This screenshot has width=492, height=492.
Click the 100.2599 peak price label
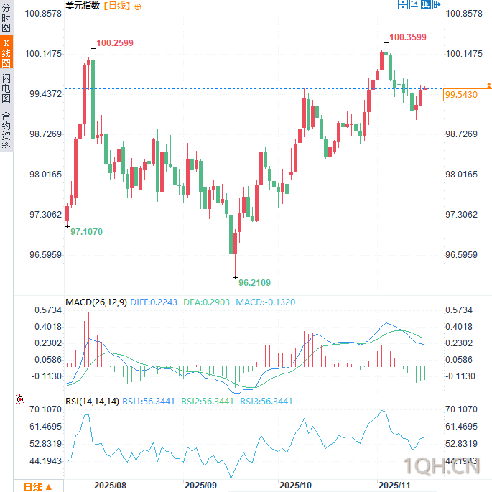pyautogui.click(x=115, y=43)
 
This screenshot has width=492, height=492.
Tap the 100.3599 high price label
pyautogui.click(x=407, y=37)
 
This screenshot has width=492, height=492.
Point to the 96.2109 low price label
pyautogui.click(x=254, y=282)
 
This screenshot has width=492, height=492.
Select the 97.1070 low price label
pyautogui.click(x=86, y=231)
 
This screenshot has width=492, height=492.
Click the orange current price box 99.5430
pyautogui.click(x=461, y=94)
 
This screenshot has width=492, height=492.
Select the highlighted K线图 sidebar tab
pyautogui.click(x=6, y=53)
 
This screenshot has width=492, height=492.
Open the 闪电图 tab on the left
pyautogui.click(x=6, y=88)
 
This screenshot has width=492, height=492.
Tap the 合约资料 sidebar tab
pyautogui.click(x=6, y=130)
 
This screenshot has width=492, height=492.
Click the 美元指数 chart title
pyautogui.click(x=83, y=6)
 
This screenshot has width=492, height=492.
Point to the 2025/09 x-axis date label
pyautogui.click(x=200, y=486)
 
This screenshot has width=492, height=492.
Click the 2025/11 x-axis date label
pyautogui.click(x=394, y=486)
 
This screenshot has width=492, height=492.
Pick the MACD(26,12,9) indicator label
pyautogui.click(x=96, y=302)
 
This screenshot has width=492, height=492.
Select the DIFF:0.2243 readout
pyautogui.click(x=151, y=302)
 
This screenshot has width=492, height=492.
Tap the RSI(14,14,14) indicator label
pyautogui.click(x=92, y=401)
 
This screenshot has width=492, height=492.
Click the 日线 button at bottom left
pyautogui.click(x=37, y=486)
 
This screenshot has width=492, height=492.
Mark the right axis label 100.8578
pyautogui.click(x=464, y=14)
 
